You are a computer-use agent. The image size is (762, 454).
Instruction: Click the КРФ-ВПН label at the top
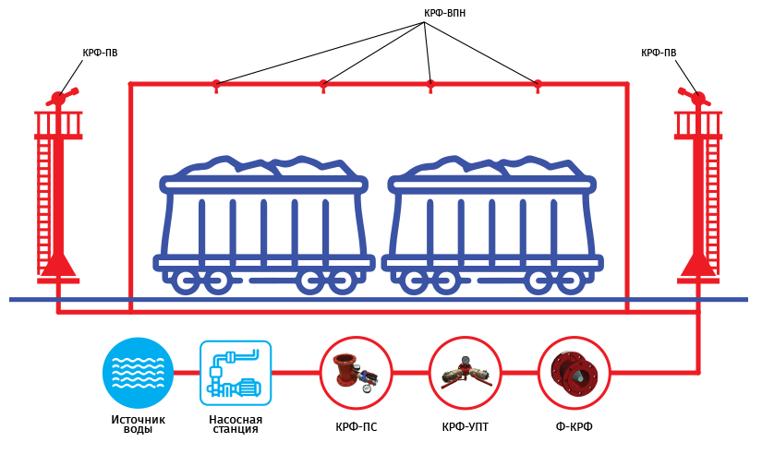tap(444, 13)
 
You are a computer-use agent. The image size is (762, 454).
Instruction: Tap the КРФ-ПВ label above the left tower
tap(100, 53)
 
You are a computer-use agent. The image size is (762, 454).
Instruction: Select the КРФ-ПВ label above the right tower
tap(659, 53)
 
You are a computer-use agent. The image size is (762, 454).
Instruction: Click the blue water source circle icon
tap(138, 373)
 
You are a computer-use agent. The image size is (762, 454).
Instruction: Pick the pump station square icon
tap(236, 373)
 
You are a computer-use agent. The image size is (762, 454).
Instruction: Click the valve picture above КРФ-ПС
tap(356, 373)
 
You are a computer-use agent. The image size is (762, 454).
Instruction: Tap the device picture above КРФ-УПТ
tap(466, 373)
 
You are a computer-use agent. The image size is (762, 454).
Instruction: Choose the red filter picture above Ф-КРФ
tap(574, 373)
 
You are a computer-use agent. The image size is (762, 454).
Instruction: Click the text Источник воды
tap(138, 424)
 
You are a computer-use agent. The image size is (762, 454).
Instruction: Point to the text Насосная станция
tap(236, 424)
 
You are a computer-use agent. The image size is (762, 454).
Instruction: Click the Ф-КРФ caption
tap(574, 427)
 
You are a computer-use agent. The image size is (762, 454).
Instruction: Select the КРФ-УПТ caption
tap(466, 427)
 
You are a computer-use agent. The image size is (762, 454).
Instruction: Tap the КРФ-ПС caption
tap(357, 427)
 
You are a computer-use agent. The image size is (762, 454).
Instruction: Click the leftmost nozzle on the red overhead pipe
tap(216, 86)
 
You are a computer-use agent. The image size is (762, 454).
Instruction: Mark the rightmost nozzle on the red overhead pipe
tap(538, 86)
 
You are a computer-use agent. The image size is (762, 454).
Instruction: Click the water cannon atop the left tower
tap(62, 97)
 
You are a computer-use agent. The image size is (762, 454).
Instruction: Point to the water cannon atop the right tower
tap(695, 97)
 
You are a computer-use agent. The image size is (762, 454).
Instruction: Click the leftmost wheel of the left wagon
tap(187, 281)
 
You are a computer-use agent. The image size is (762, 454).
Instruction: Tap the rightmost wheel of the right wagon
tap(571, 281)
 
